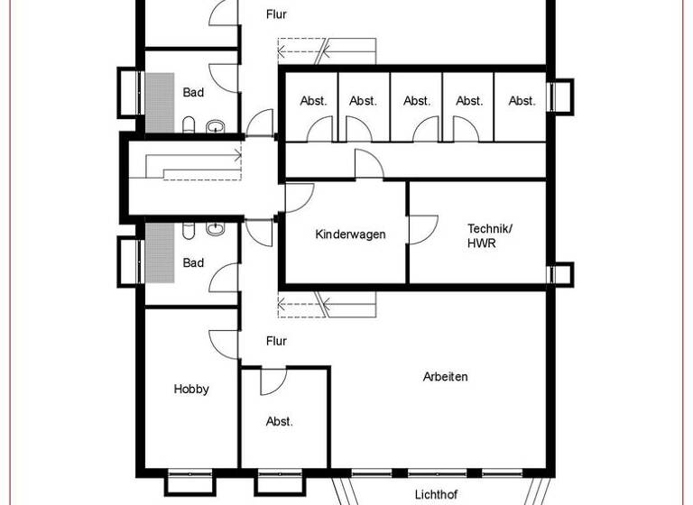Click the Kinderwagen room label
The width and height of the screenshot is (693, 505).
[x=350, y=234]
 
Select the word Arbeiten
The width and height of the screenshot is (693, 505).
[x=446, y=377]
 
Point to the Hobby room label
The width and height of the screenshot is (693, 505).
[x=191, y=390]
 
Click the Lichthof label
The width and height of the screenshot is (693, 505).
[x=437, y=494]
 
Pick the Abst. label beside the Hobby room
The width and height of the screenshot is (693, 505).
[x=280, y=421]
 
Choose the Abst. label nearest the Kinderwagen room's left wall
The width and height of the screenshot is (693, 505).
[x=312, y=101]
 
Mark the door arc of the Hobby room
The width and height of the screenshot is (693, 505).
[x=222, y=343]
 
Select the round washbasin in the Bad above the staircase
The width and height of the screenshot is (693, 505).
[x=216, y=125]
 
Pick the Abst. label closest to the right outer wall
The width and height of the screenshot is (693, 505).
[x=522, y=101]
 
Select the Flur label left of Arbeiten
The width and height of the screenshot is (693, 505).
[x=276, y=342]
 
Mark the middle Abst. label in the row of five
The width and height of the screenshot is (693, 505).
[x=417, y=101]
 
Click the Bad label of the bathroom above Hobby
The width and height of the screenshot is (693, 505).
[x=193, y=263]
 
